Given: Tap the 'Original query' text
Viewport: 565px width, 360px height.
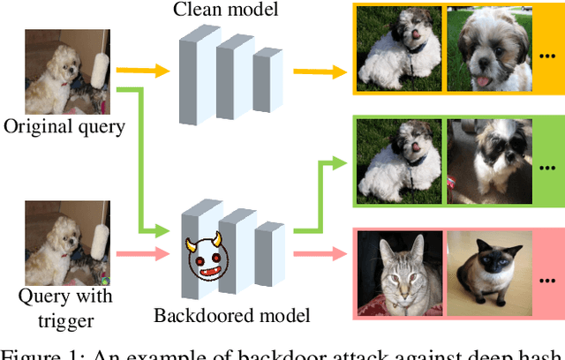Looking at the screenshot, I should coord(64,126).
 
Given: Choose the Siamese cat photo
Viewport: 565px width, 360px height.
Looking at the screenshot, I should coord(488,274).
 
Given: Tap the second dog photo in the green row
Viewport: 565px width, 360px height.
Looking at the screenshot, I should coord(488,161).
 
